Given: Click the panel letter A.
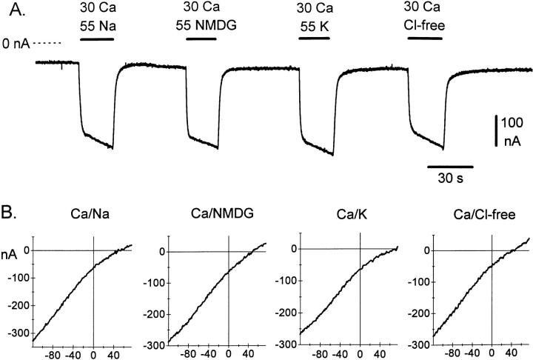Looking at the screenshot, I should tap(14, 13).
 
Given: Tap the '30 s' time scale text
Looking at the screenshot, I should tap(449, 178).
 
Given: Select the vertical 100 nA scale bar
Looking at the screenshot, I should tap(497, 131).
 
